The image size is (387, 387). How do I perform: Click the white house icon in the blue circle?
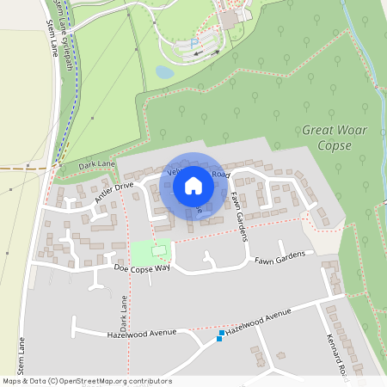pos(193,185)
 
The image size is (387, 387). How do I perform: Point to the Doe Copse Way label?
pos(143,269)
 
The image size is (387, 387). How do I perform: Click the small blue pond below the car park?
pos(164,72)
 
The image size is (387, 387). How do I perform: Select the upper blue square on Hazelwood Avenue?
pos(222,332)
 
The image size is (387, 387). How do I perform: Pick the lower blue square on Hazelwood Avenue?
pos(218,339)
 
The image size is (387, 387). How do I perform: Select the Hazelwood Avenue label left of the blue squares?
pos(141,333)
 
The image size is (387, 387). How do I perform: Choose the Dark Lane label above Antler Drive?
pos(95,163)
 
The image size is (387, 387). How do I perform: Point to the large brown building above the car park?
pos(230,17)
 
